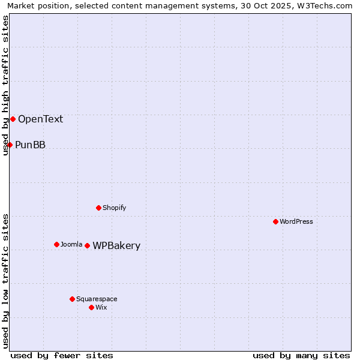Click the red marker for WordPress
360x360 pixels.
275,221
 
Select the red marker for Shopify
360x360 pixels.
98,208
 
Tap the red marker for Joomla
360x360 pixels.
56,244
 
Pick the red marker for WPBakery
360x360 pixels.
87,245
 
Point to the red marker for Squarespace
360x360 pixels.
72,299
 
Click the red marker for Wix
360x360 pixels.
91,307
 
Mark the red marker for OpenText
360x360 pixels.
13,119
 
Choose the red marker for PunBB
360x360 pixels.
10,145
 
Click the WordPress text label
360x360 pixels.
296,221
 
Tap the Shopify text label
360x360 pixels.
114,208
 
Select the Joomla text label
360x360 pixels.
71,244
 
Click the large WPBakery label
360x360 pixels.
116,246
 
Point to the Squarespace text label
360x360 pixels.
97,299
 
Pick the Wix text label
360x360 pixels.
101,307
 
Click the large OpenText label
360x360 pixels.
40,119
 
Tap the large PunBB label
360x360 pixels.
30,145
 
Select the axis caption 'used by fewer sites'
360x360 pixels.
62,355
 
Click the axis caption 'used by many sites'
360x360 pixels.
301,355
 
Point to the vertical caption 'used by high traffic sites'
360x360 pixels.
5,85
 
